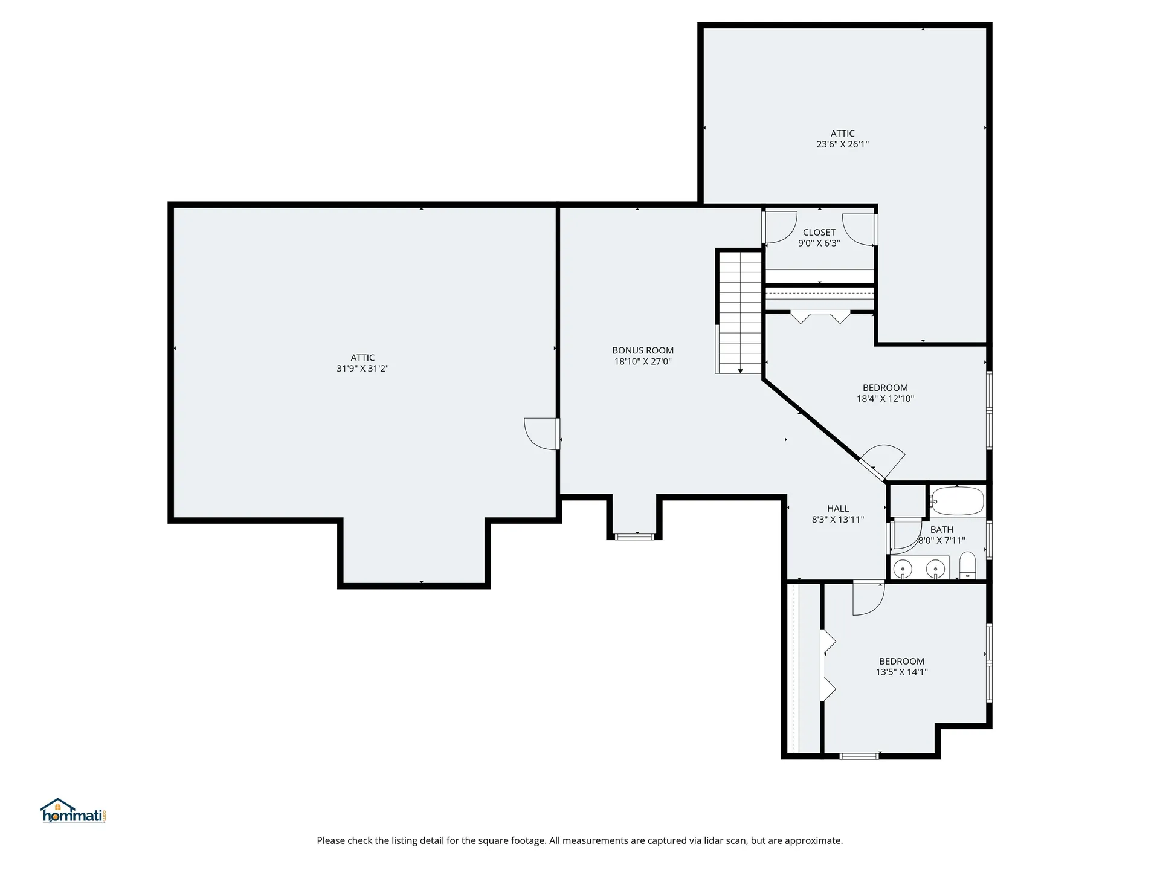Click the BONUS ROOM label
642,350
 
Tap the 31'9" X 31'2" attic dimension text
362,369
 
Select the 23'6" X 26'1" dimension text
842,144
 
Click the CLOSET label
819,233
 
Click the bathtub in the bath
958,501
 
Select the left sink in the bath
903,569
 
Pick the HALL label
837,509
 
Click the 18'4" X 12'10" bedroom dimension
885,399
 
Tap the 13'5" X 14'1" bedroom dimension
901,672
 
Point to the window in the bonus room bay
634,535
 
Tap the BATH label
941,530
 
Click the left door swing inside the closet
781,227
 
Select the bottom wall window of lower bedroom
859,756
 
